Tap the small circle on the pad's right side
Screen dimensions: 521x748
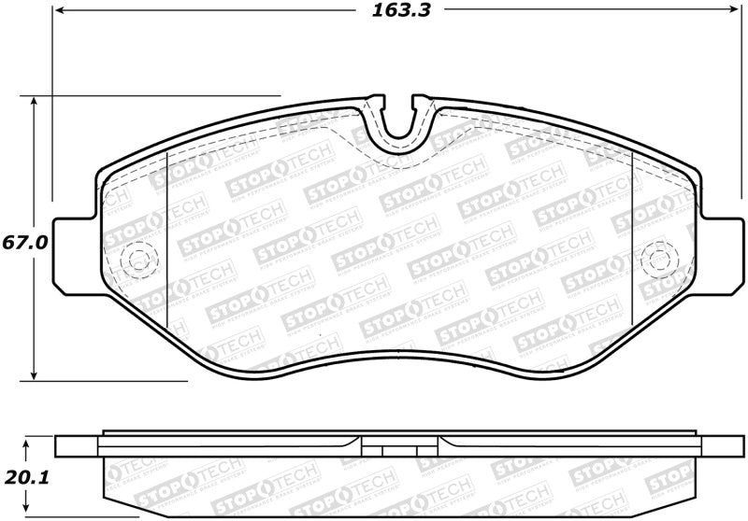[x=662, y=257]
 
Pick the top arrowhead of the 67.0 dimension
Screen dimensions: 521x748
[x=36, y=102]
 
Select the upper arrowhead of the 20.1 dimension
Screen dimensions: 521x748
[x=27, y=443]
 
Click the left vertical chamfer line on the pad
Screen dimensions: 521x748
[x=165, y=243]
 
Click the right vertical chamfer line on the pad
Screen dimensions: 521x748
[x=633, y=243]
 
